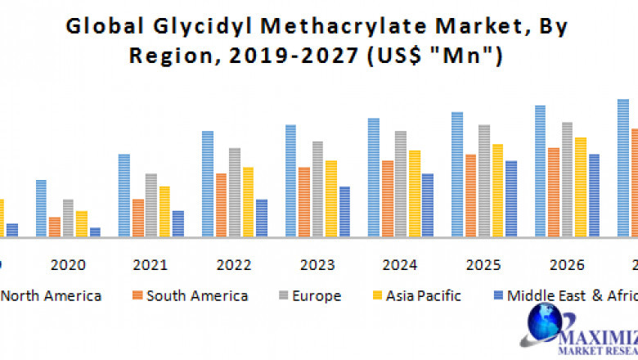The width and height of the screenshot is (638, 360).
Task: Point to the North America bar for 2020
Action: (41, 209)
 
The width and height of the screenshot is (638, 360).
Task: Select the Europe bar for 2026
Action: (567, 179)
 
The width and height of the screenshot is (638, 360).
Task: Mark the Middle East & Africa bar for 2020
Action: (95, 232)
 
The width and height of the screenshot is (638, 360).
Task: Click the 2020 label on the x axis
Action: (67, 265)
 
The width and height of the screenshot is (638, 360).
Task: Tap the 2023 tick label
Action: (317, 265)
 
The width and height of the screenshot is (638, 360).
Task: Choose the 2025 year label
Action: (483, 265)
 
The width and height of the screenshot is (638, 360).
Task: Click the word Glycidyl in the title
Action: (187, 26)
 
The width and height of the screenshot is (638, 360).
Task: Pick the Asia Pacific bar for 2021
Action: (164, 212)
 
